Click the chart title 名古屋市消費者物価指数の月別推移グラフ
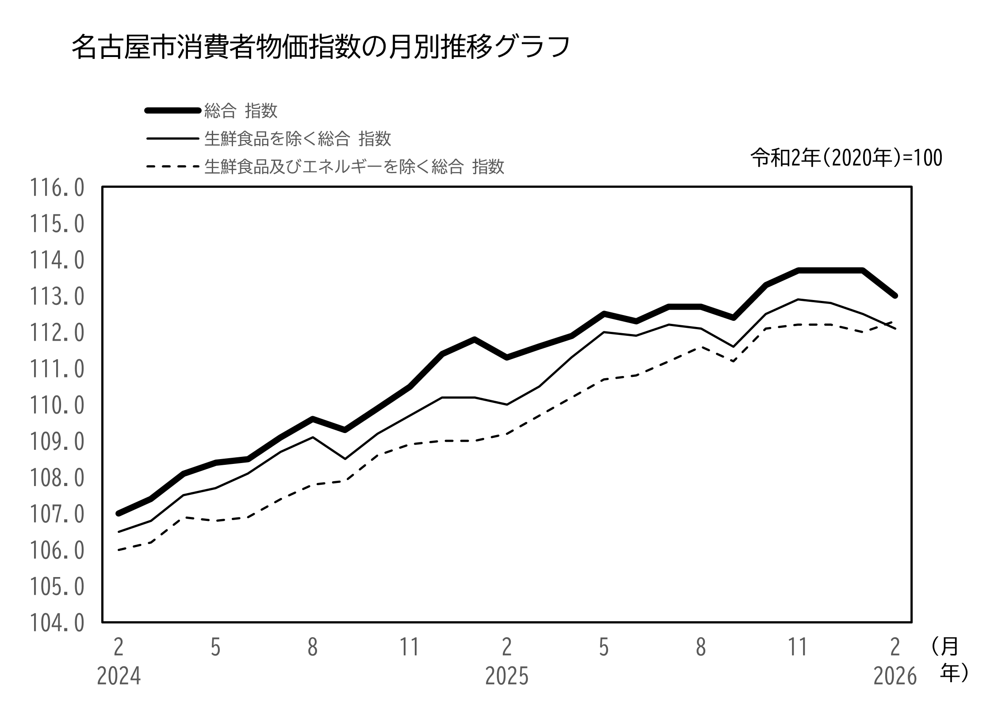(x=320, y=47)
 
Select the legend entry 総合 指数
(x=241, y=111)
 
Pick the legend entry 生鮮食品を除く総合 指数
(x=297, y=139)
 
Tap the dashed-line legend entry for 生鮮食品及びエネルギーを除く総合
(x=354, y=167)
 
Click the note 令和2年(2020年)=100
(x=846, y=158)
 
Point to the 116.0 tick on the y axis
(x=57, y=188)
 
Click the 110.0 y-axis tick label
(x=57, y=406)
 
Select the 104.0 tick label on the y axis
(x=57, y=623)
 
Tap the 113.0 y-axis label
(x=57, y=297)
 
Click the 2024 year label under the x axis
(x=119, y=676)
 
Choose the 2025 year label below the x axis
(x=507, y=676)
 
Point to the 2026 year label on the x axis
(x=895, y=676)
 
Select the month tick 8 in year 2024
(x=313, y=648)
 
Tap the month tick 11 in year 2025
(x=798, y=648)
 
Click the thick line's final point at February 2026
(x=895, y=296)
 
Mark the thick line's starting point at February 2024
(x=119, y=513)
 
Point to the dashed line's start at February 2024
(x=119, y=550)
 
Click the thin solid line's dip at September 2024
(x=345, y=459)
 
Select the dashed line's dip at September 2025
(x=733, y=361)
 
